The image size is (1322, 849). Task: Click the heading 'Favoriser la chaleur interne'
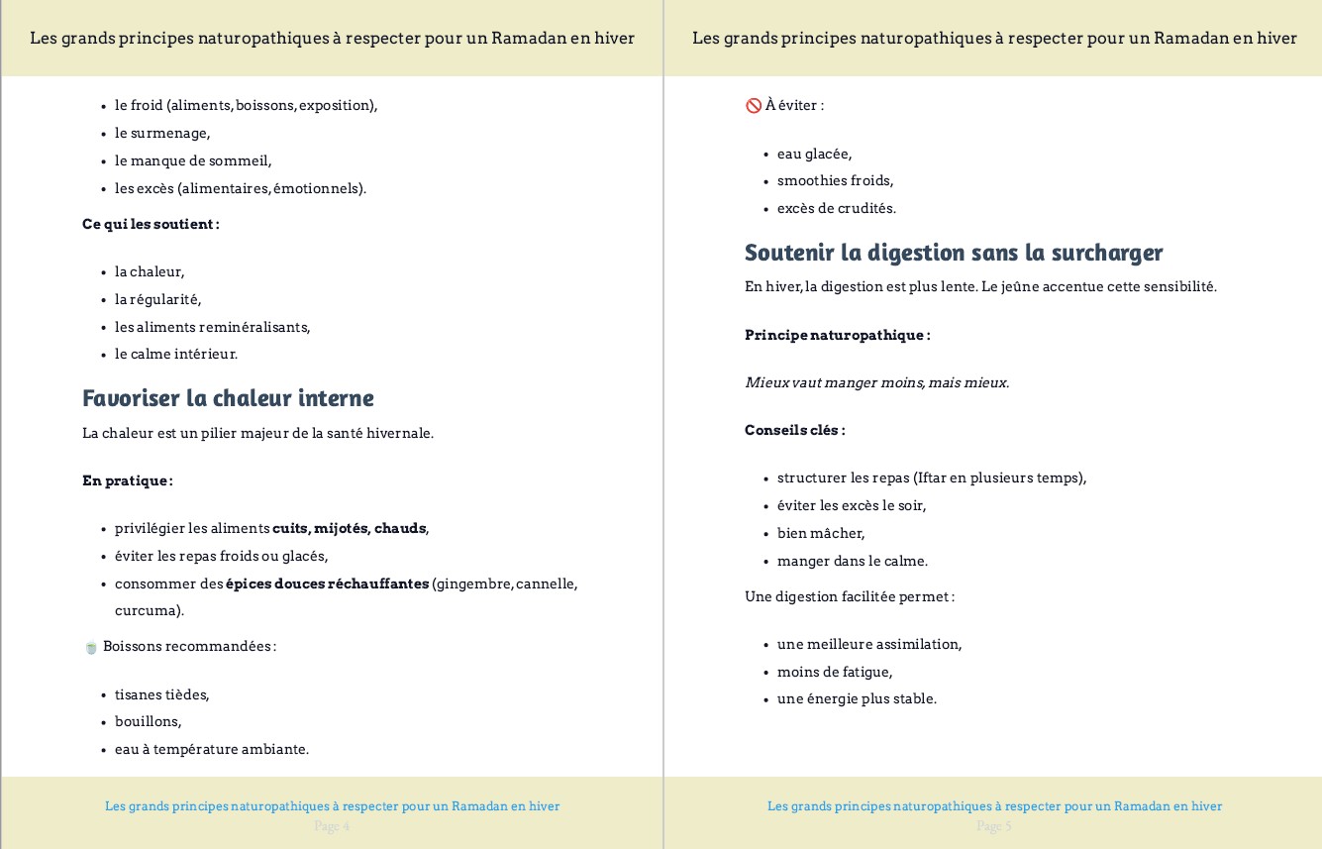click(x=228, y=398)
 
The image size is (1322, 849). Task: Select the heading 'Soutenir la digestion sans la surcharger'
click(x=954, y=253)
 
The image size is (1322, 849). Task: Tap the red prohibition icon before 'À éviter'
click(x=753, y=105)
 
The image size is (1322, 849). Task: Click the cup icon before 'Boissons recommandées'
click(x=91, y=647)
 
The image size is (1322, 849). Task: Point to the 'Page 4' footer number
click(x=332, y=826)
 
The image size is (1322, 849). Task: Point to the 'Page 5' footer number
click(x=994, y=826)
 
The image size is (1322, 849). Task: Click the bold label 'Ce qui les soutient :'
click(x=151, y=224)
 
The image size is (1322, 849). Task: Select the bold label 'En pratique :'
click(x=128, y=480)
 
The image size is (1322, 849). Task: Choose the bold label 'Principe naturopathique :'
click(x=837, y=335)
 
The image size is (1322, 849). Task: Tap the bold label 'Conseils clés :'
click(x=794, y=430)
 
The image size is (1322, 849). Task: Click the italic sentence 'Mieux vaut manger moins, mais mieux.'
click(x=876, y=382)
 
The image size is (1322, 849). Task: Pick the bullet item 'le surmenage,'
click(x=162, y=133)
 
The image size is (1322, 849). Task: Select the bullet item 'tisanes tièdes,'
click(x=161, y=694)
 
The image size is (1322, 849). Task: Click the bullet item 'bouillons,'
click(x=148, y=721)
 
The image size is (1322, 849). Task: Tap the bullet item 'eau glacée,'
click(x=814, y=154)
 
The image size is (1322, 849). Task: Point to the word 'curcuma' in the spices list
click(x=148, y=610)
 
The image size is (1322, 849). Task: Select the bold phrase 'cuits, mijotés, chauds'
click(x=350, y=528)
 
